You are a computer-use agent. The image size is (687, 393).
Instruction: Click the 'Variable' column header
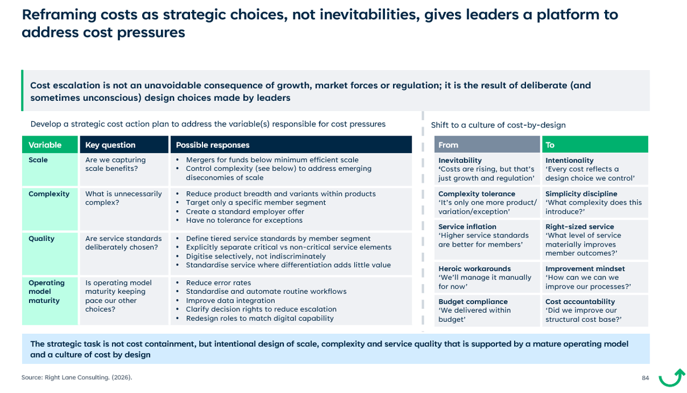45,145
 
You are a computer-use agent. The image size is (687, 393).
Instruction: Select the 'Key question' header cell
110,145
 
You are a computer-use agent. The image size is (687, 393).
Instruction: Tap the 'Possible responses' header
213,145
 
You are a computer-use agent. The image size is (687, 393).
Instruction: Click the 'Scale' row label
38,160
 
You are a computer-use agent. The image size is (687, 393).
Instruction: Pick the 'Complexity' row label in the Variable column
49,194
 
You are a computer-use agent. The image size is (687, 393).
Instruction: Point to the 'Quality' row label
42,239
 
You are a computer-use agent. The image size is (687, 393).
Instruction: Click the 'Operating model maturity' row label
47,291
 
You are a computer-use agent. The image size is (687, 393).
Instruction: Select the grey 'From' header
448,145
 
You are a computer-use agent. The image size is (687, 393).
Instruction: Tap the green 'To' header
550,145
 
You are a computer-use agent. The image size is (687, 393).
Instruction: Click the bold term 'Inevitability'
460,161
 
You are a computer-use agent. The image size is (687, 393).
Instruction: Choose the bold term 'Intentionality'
569,161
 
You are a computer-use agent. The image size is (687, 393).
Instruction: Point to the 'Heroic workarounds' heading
474,269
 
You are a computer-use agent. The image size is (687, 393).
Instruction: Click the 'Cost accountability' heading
580,301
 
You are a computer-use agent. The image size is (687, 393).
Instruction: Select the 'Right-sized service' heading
580,227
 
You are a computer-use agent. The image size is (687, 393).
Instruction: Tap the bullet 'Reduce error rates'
218,283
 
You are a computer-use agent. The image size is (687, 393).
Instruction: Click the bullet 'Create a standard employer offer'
245,211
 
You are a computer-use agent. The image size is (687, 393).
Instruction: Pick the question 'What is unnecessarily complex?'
123,198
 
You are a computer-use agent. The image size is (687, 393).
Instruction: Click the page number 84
645,378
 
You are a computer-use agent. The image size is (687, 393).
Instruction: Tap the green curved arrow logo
672,378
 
